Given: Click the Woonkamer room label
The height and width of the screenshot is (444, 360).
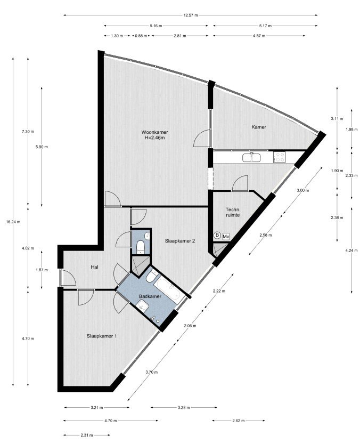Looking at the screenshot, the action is [154, 132].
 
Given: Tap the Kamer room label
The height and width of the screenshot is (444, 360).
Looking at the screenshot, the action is [259, 127].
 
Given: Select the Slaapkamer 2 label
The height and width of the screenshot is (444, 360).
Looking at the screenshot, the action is [180, 241].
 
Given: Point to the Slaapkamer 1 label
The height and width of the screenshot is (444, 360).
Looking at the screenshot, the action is [102, 336].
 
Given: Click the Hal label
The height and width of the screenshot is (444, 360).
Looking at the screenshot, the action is [95, 267].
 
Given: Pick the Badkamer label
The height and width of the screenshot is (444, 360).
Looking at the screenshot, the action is [150, 296].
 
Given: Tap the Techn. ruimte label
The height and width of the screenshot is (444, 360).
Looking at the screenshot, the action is [233, 212].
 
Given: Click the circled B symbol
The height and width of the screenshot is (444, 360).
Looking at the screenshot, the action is [217, 235].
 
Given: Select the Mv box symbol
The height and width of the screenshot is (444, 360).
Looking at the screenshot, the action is [226, 236].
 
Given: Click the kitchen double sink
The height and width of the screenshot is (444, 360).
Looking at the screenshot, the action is [251, 157].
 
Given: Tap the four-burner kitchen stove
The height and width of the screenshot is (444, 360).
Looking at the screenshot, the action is [280, 157].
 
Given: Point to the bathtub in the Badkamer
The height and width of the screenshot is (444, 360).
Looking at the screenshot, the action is [169, 291].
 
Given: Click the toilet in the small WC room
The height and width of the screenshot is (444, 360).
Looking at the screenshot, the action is [140, 247].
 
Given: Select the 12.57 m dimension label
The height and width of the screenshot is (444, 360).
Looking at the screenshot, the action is [191, 15].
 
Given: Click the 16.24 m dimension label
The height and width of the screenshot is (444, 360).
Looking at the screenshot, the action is [13, 222].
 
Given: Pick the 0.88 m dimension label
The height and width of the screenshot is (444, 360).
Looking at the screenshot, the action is [141, 36].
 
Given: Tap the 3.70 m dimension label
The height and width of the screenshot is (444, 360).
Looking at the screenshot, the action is [152, 372].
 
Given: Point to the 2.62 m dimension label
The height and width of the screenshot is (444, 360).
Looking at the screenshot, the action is [238, 421].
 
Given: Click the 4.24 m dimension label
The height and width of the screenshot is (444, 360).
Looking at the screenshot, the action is [352, 251].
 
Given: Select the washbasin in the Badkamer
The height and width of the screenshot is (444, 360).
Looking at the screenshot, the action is [142, 306].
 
